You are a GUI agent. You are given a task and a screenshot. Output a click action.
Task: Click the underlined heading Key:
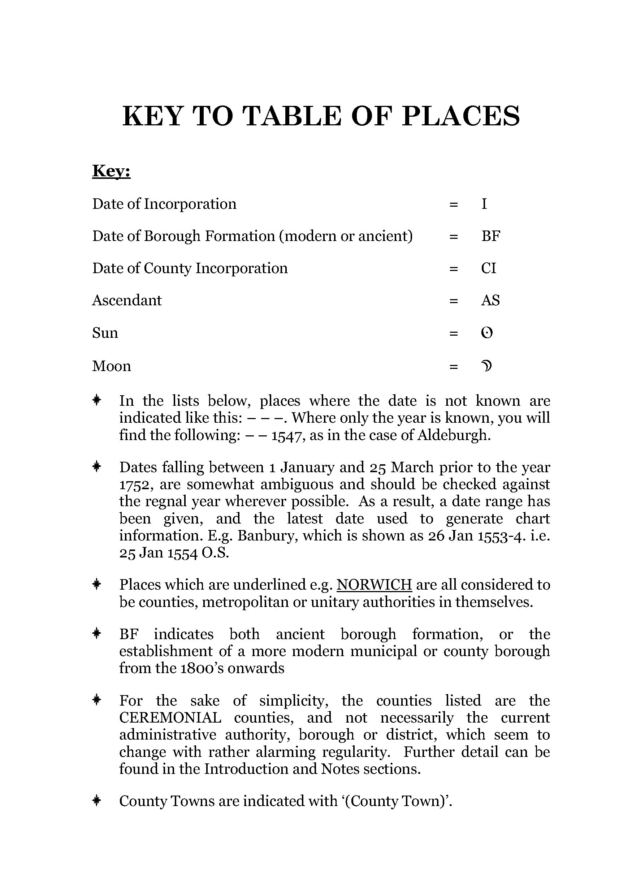pos(111,171)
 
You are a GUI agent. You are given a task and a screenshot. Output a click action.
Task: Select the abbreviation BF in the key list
pos(491,236)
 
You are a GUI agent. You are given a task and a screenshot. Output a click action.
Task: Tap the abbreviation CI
pos(488,268)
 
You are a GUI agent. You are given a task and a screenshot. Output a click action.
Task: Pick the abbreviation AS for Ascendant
pos(490,300)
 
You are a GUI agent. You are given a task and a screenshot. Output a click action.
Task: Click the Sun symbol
pos(487,333)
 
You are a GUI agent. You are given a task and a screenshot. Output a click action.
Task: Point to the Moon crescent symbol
pos(486,366)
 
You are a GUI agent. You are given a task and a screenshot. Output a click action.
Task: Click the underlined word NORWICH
pos(374,585)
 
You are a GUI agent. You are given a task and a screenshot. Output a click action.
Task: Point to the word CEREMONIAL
pos(170,718)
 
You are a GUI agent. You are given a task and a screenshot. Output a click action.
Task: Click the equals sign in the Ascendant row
pos(453,301)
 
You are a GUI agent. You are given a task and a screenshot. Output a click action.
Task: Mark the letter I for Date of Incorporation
pos(484,204)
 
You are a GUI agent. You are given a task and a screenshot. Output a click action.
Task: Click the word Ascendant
pos(127,300)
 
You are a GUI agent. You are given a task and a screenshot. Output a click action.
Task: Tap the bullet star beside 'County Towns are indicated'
pos(97,801)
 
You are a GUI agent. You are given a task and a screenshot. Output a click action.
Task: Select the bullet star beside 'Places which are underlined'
pos(97,584)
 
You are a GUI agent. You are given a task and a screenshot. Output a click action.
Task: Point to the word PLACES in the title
pos(461,116)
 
